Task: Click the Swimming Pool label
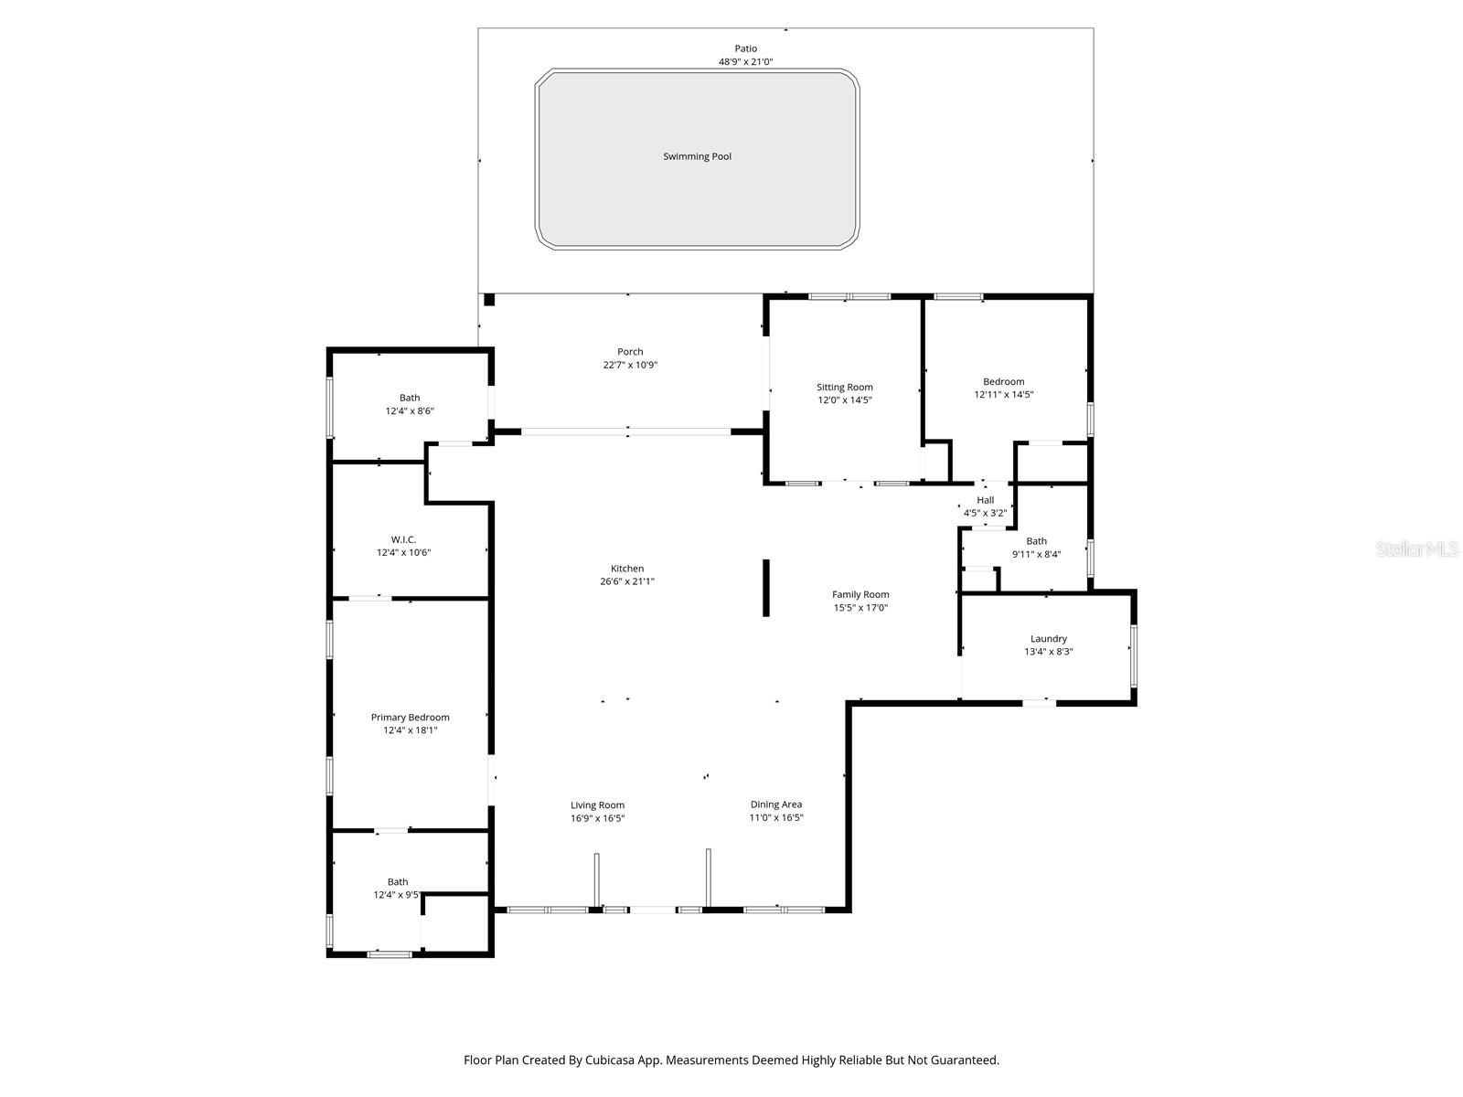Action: (x=697, y=156)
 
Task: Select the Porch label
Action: (x=630, y=352)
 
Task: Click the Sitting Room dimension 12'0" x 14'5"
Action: (x=845, y=400)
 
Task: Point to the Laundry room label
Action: (x=1048, y=639)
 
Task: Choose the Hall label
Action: (x=985, y=500)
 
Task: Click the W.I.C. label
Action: (x=403, y=539)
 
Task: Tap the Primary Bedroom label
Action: (x=410, y=718)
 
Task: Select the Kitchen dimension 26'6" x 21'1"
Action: (x=627, y=581)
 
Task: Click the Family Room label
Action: (x=860, y=594)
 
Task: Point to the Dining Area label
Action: (x=776, y=804)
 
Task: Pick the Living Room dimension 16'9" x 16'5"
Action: (x=597, y=818)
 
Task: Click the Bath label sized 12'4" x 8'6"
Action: (x=410, y=398)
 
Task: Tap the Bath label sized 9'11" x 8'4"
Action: (x=1036, y=541)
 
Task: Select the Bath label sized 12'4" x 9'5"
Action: (x=397, y=882)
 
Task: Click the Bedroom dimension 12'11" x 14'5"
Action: (x=1003, y=395)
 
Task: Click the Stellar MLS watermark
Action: (x=1418, y=548)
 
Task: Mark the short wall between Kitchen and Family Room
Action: (x=766, y=588)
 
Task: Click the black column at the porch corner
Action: (x=489, y=299)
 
